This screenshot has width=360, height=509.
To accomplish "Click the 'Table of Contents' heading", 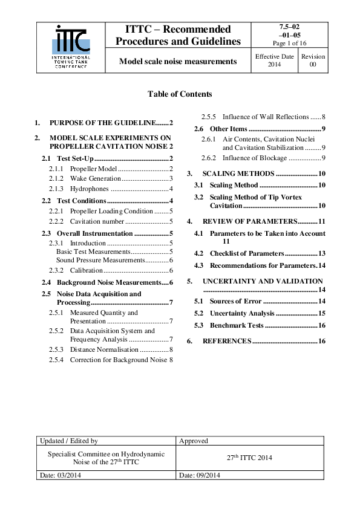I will pos(180,94).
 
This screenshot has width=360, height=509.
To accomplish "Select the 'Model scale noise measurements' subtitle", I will pos(177,61).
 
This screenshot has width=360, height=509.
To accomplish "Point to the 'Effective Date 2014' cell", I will pos(274,60).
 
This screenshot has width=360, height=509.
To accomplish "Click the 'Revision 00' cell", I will pos(313,60).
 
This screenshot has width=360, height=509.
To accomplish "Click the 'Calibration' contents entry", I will pos(90,270).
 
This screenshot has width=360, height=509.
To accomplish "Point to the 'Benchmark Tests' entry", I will pos(237,325).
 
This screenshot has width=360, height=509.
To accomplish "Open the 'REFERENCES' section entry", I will pos(227,341).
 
